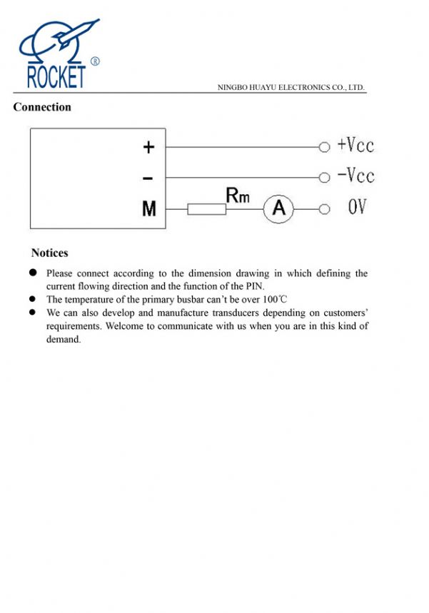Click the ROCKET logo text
click(56, 76)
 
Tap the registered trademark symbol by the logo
click(95, 61)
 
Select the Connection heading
click(42, 107)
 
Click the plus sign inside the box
click(148, 147)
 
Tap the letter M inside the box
click(148, 209)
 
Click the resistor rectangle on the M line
click(207, 209)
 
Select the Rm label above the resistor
click(238, 194)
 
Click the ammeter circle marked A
click(279, 208)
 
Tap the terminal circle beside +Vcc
click(325, 147)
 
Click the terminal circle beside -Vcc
click(325, 177)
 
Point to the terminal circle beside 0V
click(325, 209)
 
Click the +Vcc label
click(355, 146)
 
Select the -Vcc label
click(355, 176)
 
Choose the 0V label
click(357, 208)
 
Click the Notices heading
click(50, 253)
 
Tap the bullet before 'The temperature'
click(33, 299)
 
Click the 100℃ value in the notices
click(274, 300)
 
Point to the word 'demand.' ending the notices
click(64, 340)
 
